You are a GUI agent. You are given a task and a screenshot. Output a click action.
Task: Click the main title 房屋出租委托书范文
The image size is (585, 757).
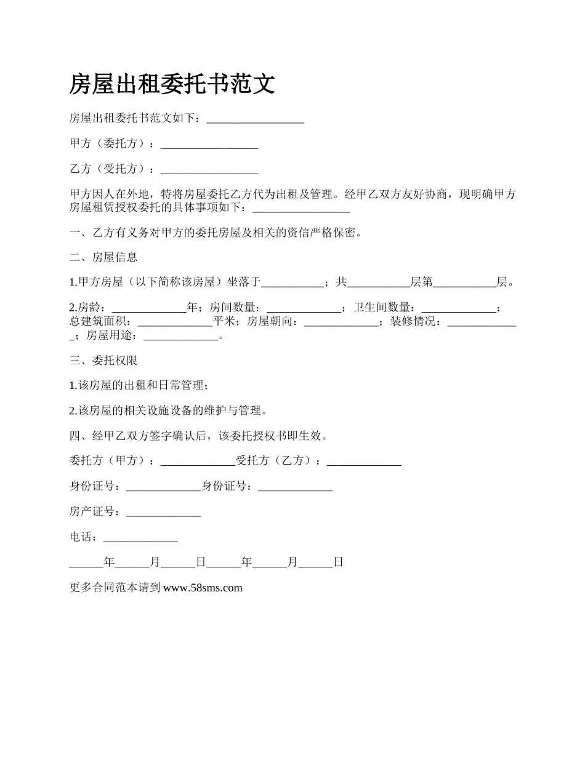pyautogui.click(x=172, y=84)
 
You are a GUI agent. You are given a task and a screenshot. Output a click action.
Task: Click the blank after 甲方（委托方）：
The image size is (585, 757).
pyautogui.click(x=209, y=144)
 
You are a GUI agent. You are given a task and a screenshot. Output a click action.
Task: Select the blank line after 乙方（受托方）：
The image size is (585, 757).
pyautogui.click(x=209, y=169)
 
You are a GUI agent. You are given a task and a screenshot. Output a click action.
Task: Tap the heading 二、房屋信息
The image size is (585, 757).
pyautogui.click(x=103, y=257)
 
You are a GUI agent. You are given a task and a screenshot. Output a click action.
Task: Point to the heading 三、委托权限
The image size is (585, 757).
pyautogui.click(x=103, y=361)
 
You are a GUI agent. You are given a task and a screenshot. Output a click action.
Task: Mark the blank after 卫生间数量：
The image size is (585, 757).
pyautogui.click(x=458, y=308)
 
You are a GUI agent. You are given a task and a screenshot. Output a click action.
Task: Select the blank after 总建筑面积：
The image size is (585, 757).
pyautogui.click(x=175, y=321)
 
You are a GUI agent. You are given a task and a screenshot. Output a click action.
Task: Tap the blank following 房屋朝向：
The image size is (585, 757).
pyautogui.click(x=341, y=321)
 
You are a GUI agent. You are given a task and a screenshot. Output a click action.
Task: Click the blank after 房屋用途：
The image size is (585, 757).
pyautogui.click(x=180, y=336)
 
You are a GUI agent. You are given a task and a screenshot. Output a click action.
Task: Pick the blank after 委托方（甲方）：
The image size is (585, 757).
pyautogui.click(x=198, y=461)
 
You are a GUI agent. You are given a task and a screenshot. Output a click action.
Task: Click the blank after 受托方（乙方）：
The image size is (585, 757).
pyautogui.click(x=364, y=461)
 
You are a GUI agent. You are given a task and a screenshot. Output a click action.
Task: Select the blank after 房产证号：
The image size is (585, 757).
pyautogui.click(x=163, y=512)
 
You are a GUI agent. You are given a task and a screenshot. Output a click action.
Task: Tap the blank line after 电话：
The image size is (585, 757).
pyautogui.click(x=140, y=537)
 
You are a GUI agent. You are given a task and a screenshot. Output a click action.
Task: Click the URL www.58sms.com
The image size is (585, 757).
pyautogui.click(x=203, y=588)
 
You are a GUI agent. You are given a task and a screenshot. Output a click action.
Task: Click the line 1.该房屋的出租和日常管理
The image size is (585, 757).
pyautogui.click(x=139, y=386)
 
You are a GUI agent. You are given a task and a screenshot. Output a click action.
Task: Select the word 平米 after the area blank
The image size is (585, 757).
pyautogui.click(x=224, y=321)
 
